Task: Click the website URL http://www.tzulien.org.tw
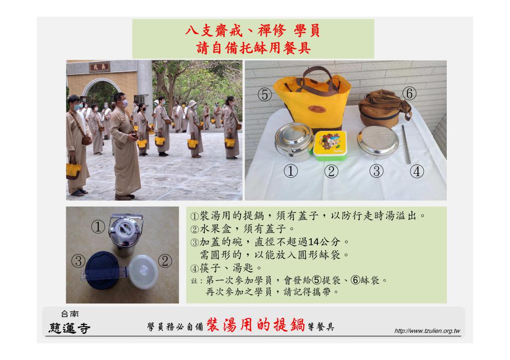[x=426, y=331]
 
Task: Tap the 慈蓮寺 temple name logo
[x=69, y=328]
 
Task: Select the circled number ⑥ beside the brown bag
[x=411, y=93]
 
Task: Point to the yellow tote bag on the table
[x=312, y=102]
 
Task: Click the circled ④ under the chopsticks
[x=417, y=172]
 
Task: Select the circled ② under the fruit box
[x=331, y=172]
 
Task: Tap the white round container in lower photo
[x=144, y=272]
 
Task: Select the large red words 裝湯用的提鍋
[x=255, y=326]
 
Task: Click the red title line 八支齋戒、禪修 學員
[x=253, y=31]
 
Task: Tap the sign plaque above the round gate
[x=100, y=66]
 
